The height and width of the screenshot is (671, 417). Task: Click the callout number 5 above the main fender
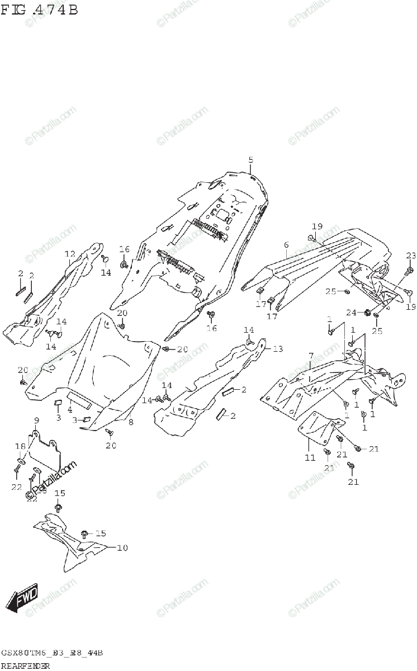pos(251,160)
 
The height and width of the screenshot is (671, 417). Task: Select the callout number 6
pos(286,244)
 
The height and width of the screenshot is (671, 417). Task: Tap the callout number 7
pos(310,356)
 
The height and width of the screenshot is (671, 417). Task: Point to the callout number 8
pos(131,422)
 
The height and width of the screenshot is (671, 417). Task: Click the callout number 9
pos(36,419)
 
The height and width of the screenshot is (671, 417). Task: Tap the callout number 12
pos(69,253)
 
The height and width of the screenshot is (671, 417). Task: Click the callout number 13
pos(277,348)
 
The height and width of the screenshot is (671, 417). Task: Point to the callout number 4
pos(70,410)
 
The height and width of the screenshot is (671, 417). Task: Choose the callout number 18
pos(21,447)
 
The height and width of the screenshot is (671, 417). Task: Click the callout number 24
pos(350,312)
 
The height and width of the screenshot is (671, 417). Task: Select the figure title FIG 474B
pos(39,10)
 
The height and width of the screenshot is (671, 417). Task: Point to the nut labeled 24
pos(368,311)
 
